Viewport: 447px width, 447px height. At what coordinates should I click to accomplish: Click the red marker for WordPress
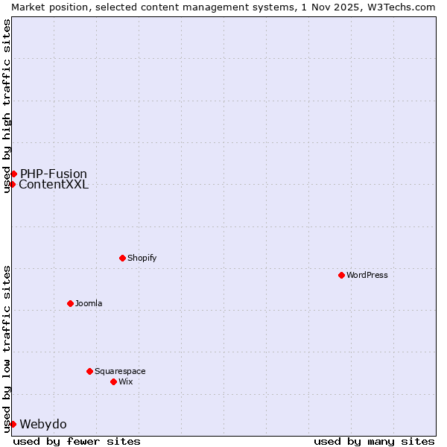[x=341, y=275]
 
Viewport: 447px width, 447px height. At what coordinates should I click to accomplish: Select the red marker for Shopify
[x=122, y=258]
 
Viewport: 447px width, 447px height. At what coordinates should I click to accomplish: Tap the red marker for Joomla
[x=70, y=303]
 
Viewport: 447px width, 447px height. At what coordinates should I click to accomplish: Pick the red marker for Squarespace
[x=89, y=371]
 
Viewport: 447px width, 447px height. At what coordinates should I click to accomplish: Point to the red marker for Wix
[x=113, y=381]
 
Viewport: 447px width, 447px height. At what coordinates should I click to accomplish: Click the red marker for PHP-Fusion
[x=13, y=174]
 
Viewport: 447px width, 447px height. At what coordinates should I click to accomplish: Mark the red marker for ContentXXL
[x=13, y=184]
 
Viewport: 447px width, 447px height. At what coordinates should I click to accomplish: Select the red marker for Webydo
[x=13, y=424]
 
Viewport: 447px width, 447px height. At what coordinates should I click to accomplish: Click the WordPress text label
[x=367, y=275]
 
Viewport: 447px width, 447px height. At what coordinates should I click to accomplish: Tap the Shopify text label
[x=142, y=258]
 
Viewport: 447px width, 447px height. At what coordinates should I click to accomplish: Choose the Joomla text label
[x=89, y=303]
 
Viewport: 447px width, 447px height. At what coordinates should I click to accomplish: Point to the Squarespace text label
[x=120, y=371]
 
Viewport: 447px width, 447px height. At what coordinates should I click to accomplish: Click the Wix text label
[x=126, y=381]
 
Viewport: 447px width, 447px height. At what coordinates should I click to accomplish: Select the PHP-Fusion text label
[x=54, y=174]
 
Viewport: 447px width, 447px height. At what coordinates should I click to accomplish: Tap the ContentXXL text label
[x=54, y=185]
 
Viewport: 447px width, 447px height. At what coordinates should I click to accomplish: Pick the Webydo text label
[x=43, y=424]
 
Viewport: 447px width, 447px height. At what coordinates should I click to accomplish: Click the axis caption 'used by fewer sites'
[x=77, y=441]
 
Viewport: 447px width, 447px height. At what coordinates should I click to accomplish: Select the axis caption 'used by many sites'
[x=374, y=441]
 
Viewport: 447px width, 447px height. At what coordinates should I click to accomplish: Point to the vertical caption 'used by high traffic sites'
[x=7, y=106]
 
